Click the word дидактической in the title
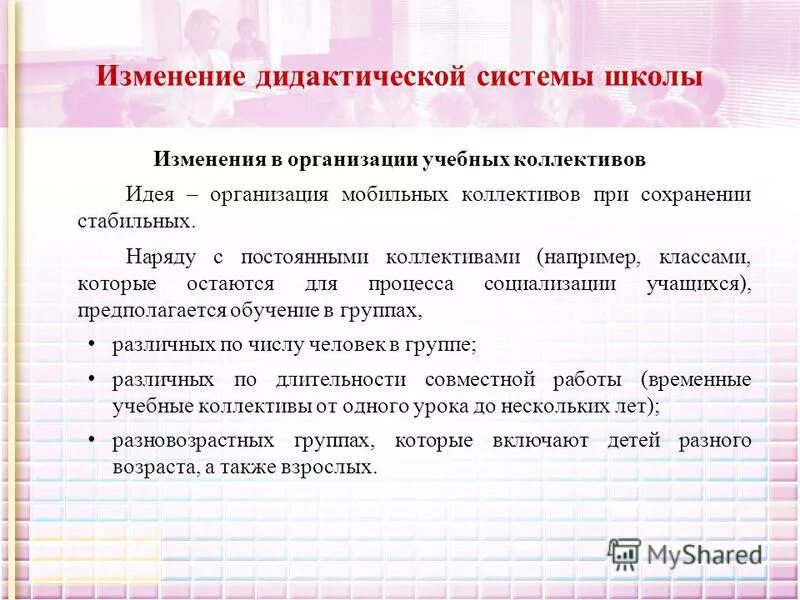[344, 78]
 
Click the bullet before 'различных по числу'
[91, 344]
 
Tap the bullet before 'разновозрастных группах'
[91, 440]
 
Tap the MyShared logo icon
[624, 553]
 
